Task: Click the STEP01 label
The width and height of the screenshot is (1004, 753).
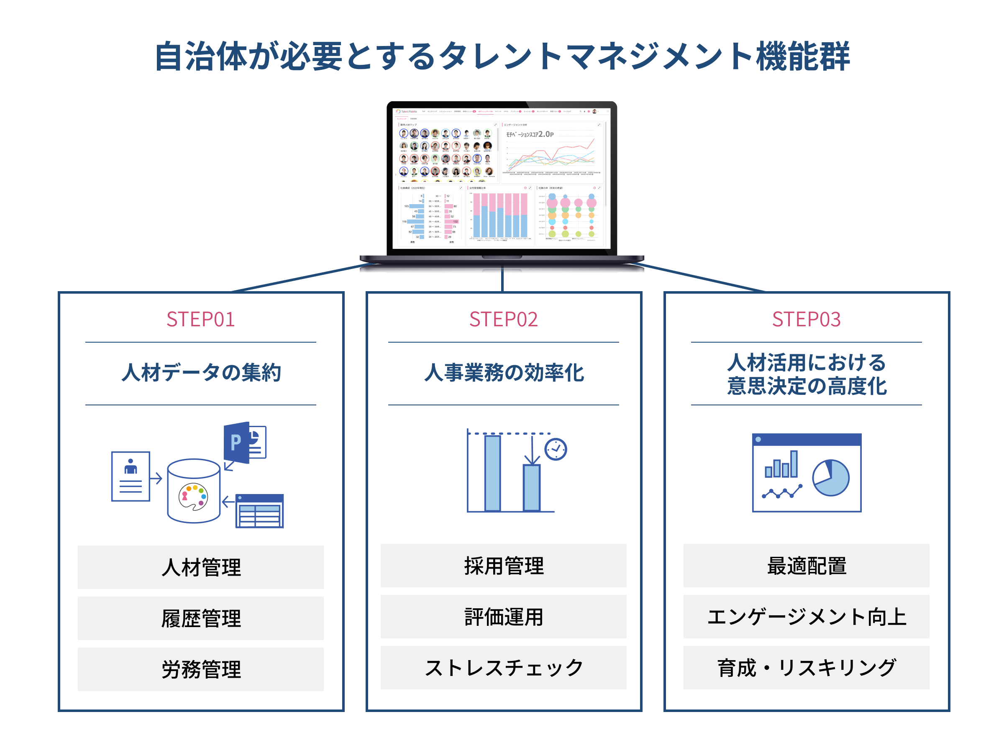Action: point(201,319)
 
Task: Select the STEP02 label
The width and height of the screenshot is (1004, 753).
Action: point(503,319)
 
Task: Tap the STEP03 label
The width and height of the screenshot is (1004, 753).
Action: point(806,319)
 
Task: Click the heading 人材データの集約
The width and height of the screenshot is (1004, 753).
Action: point(201,373)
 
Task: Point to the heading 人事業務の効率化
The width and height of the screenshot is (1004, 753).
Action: point(503,373)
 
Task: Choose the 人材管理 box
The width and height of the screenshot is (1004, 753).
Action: point(201,567)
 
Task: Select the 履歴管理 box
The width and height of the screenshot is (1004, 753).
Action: point(201,618)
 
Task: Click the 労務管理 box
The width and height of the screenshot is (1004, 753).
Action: point(201,669)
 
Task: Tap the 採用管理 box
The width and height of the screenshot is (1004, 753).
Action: point(503,566)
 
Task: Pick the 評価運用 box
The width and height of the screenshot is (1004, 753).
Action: point(503,616)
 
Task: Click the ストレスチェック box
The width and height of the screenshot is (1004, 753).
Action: point(503,668)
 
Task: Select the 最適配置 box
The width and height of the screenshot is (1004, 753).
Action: point(806,566)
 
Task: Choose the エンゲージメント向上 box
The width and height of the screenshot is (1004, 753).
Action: point(806,616)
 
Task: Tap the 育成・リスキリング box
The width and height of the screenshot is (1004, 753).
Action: point(806,668)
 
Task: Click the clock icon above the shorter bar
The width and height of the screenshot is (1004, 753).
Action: point(556,449)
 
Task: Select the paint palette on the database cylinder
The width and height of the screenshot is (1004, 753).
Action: point(193,497)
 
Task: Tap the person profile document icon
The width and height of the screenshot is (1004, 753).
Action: point(131,476)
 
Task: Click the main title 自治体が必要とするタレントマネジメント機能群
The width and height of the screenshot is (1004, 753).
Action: point(502,57)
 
